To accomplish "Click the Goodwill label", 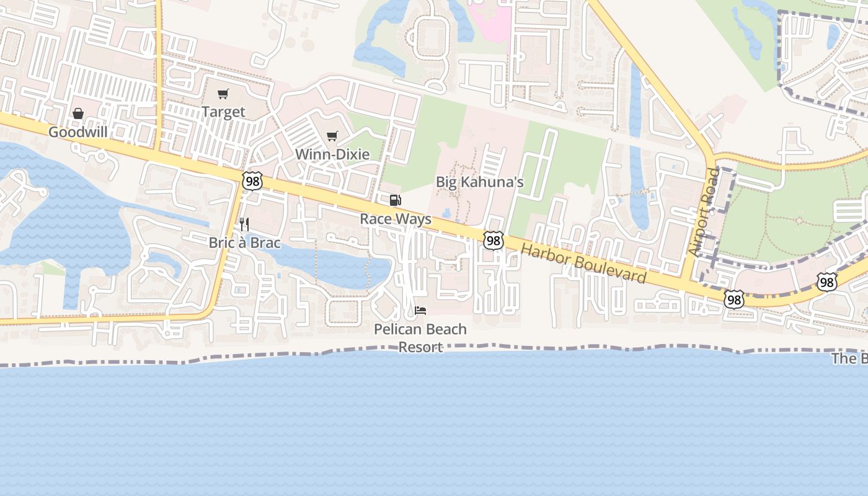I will point(78,132).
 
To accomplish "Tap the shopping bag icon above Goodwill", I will point(78,113).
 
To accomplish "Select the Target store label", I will point(223,112).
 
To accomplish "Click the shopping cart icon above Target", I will point(223,94).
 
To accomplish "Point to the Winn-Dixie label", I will point(332,154).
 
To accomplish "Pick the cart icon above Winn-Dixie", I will point(332,136).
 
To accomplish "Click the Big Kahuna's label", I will point(480,182).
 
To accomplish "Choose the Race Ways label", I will point(396,219).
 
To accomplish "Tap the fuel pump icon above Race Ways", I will point(395,200).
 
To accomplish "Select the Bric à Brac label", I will point(244,242).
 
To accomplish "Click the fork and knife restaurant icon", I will point(244,224).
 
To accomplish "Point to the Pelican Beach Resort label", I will point(420,338).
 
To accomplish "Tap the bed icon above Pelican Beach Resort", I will point(420,309).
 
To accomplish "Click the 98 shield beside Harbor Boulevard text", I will point(494,241).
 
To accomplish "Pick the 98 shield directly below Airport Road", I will point(734,300).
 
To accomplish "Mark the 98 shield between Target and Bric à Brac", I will point(252,181).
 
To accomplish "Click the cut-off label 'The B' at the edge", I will point(849,359).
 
